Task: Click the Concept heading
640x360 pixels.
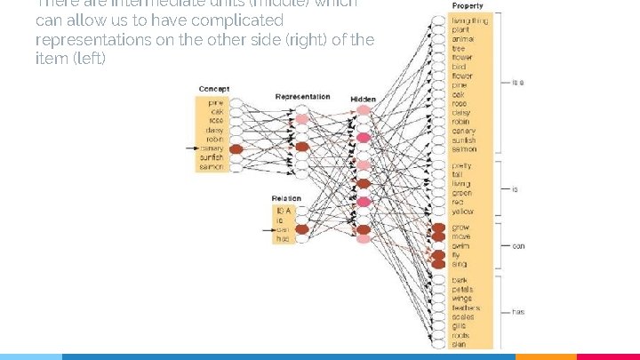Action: point(213,90)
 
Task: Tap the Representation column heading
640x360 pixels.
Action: point(302,97)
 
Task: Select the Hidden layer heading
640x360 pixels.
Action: point(363,99)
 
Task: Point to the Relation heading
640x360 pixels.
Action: point(286,198)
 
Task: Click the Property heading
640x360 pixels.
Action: point(468,7)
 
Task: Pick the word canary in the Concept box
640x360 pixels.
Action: point(212,148)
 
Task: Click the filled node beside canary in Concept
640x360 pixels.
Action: point(236,149)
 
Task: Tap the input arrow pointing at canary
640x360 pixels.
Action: point(193,148)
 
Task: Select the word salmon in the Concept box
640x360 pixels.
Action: point(212,167)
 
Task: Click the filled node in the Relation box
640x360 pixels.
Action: point(301,229)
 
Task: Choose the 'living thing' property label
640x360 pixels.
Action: point(469,20)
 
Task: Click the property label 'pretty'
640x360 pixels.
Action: point(461,165)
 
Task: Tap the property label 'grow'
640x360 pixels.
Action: point(460,228)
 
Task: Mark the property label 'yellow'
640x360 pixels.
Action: point(462,212)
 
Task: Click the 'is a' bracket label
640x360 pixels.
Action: point(517,83)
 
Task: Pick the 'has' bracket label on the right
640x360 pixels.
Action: point(517,312)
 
